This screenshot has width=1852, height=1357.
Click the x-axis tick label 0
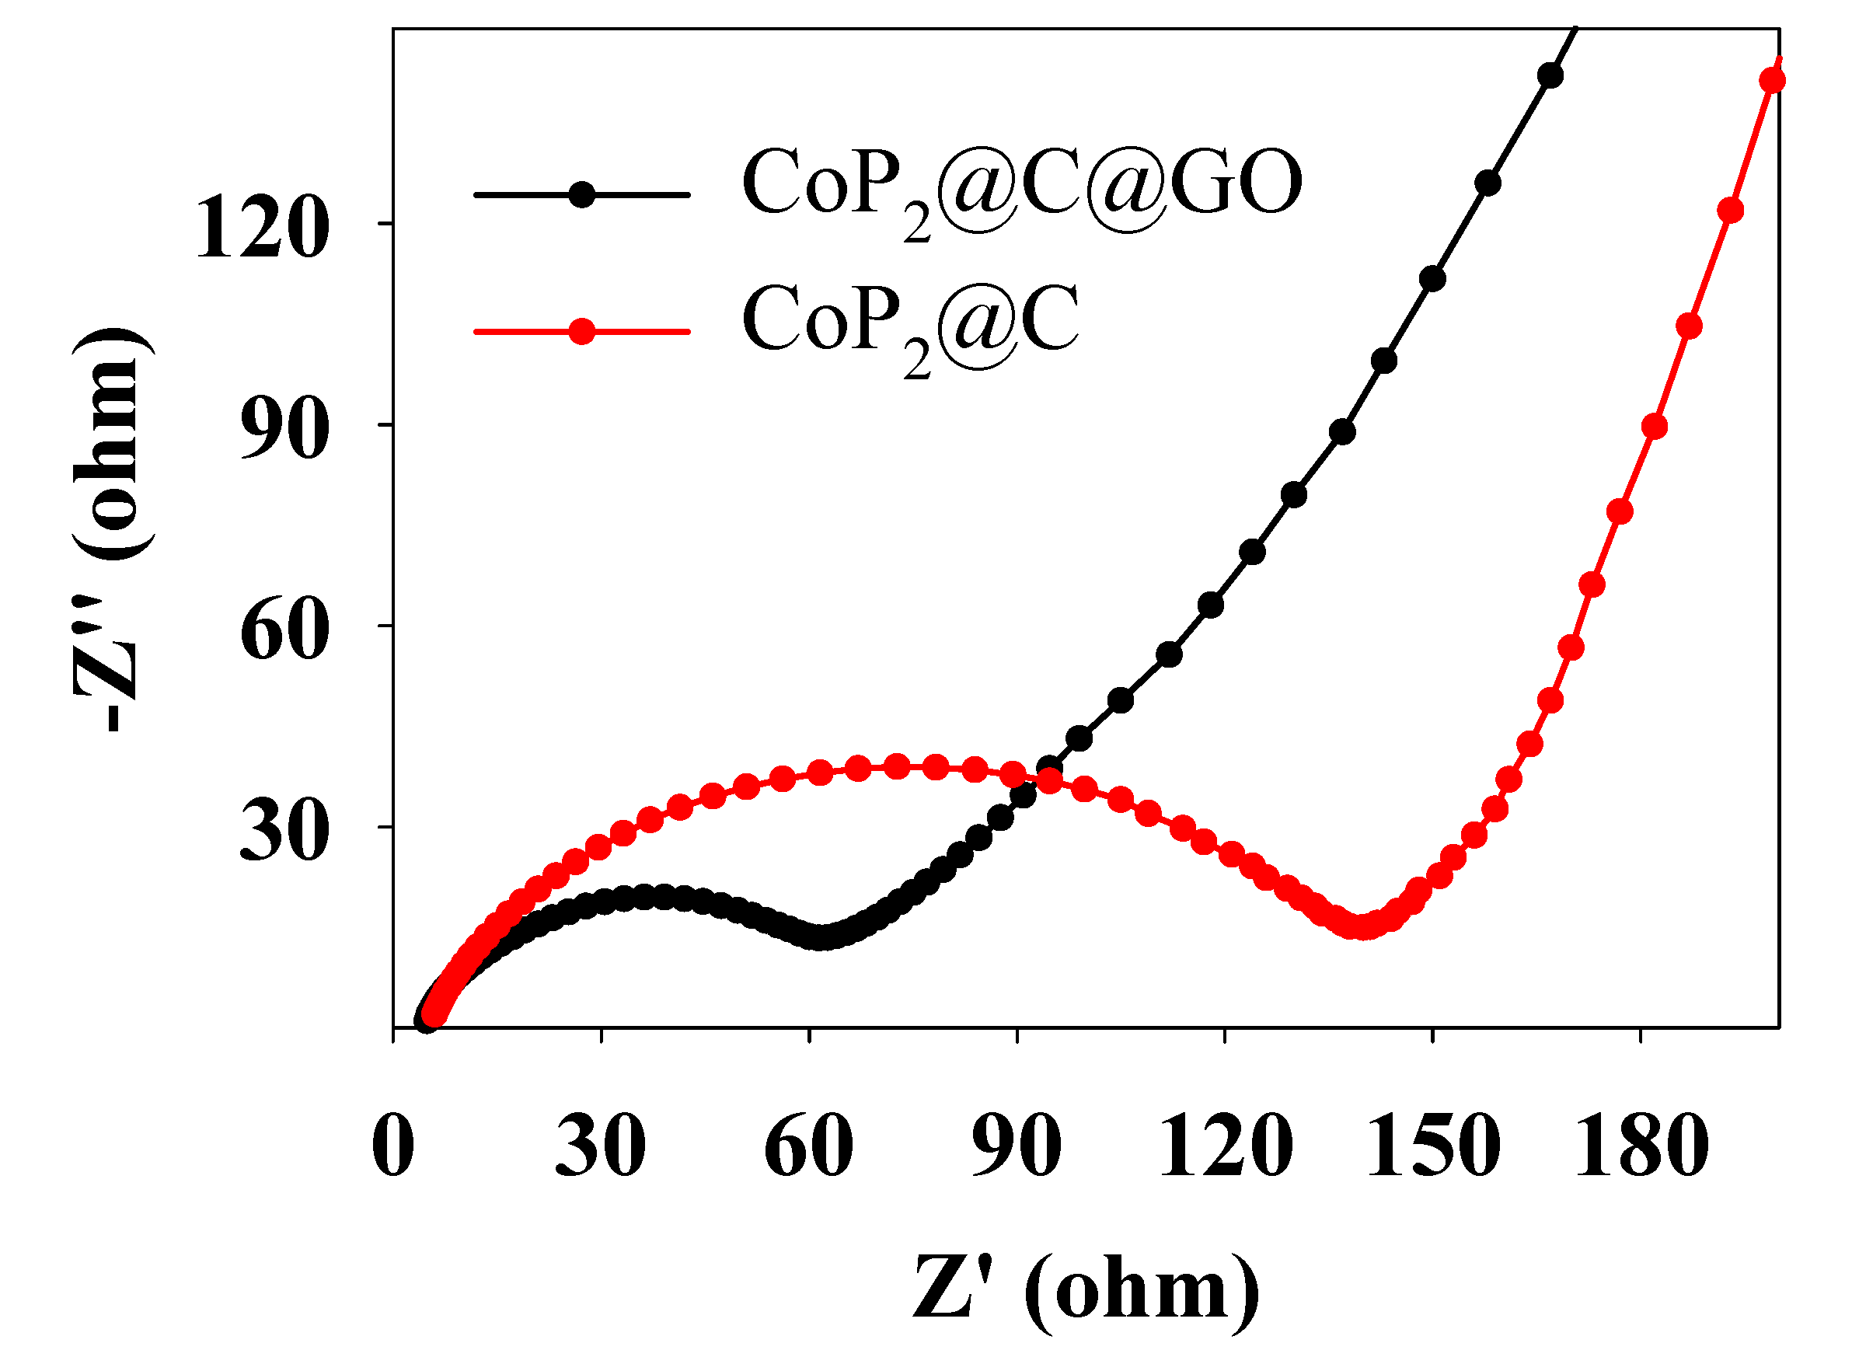tap(392, 1146)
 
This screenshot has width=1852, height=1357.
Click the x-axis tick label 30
tap(600, 1146)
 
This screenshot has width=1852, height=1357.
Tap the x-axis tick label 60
tap(808, 1146)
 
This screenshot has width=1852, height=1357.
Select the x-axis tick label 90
tap(1017, 1146)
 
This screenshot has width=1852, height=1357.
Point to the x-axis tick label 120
tap(1225, 1146)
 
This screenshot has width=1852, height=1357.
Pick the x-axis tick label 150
tap(1432, 1146)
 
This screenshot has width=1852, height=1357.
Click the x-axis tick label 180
tap(1640, 1146)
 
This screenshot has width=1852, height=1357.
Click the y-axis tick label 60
tap(285, 632)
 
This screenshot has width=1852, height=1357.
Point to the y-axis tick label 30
tap(285, 832)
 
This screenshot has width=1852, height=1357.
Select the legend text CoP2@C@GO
tap(1022, 189)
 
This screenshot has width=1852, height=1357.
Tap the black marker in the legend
tap(581, 194)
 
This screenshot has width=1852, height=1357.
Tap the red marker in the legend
tap(581, 332)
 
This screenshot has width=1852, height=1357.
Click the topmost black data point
tap(1550, 75)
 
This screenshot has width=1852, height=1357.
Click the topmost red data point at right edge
tap(1771, 81)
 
